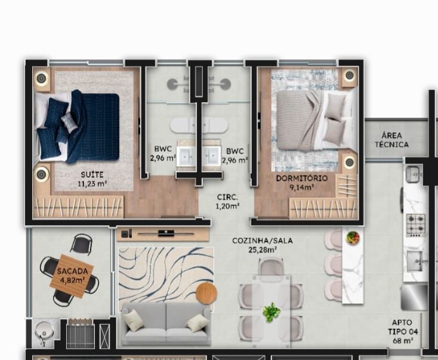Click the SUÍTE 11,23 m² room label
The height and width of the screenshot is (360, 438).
[92, 179]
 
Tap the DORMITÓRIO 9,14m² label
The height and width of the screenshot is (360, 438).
[302, 183]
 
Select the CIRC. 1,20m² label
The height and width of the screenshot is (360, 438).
[227, 202]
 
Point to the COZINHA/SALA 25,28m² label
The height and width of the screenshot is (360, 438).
[263, 245]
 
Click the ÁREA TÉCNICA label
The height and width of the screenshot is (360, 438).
[391, 140]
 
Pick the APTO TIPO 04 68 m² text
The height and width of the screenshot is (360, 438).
[403, 331]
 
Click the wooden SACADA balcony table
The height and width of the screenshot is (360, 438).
[72, 276]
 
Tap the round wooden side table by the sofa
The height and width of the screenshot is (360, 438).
[206, 293]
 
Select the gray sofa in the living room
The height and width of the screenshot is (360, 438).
[166, 324]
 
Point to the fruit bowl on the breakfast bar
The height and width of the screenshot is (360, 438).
[353, 238]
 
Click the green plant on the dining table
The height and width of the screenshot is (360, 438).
[272, 312]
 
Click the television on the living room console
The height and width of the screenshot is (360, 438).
[166, 233]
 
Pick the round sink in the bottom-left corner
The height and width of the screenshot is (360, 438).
[44, 331]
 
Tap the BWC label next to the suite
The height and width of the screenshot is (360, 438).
[163, 153]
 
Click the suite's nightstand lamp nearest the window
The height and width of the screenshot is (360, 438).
[41, 78]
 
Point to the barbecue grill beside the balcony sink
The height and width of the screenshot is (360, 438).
[81, 334]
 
